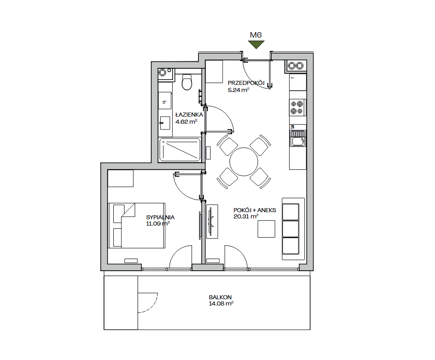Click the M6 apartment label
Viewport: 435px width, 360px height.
[256, 35]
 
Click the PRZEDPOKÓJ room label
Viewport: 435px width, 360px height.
[246, 83]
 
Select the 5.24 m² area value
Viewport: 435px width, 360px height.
[239, 90]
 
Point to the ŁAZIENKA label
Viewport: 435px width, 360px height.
[189, 114]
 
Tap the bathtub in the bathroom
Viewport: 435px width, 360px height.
[180, 150]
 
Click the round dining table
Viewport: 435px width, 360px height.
[244, 162]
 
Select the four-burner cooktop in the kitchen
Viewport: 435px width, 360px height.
[297, 108]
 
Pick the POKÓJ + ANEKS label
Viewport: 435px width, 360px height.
[255, 210]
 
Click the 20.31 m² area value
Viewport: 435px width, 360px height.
[246, 216]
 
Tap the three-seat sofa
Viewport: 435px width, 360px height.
[293, 229]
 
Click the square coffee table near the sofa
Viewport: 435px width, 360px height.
[266, 229]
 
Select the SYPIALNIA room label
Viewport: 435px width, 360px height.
[160, 217]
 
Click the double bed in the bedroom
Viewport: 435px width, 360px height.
[137, 225]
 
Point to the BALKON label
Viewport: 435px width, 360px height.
[220, 297]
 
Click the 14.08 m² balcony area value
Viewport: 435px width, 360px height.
[221, 303]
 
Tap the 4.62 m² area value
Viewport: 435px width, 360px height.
[186, 121]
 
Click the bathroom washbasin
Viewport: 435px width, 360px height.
[165, 123]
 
